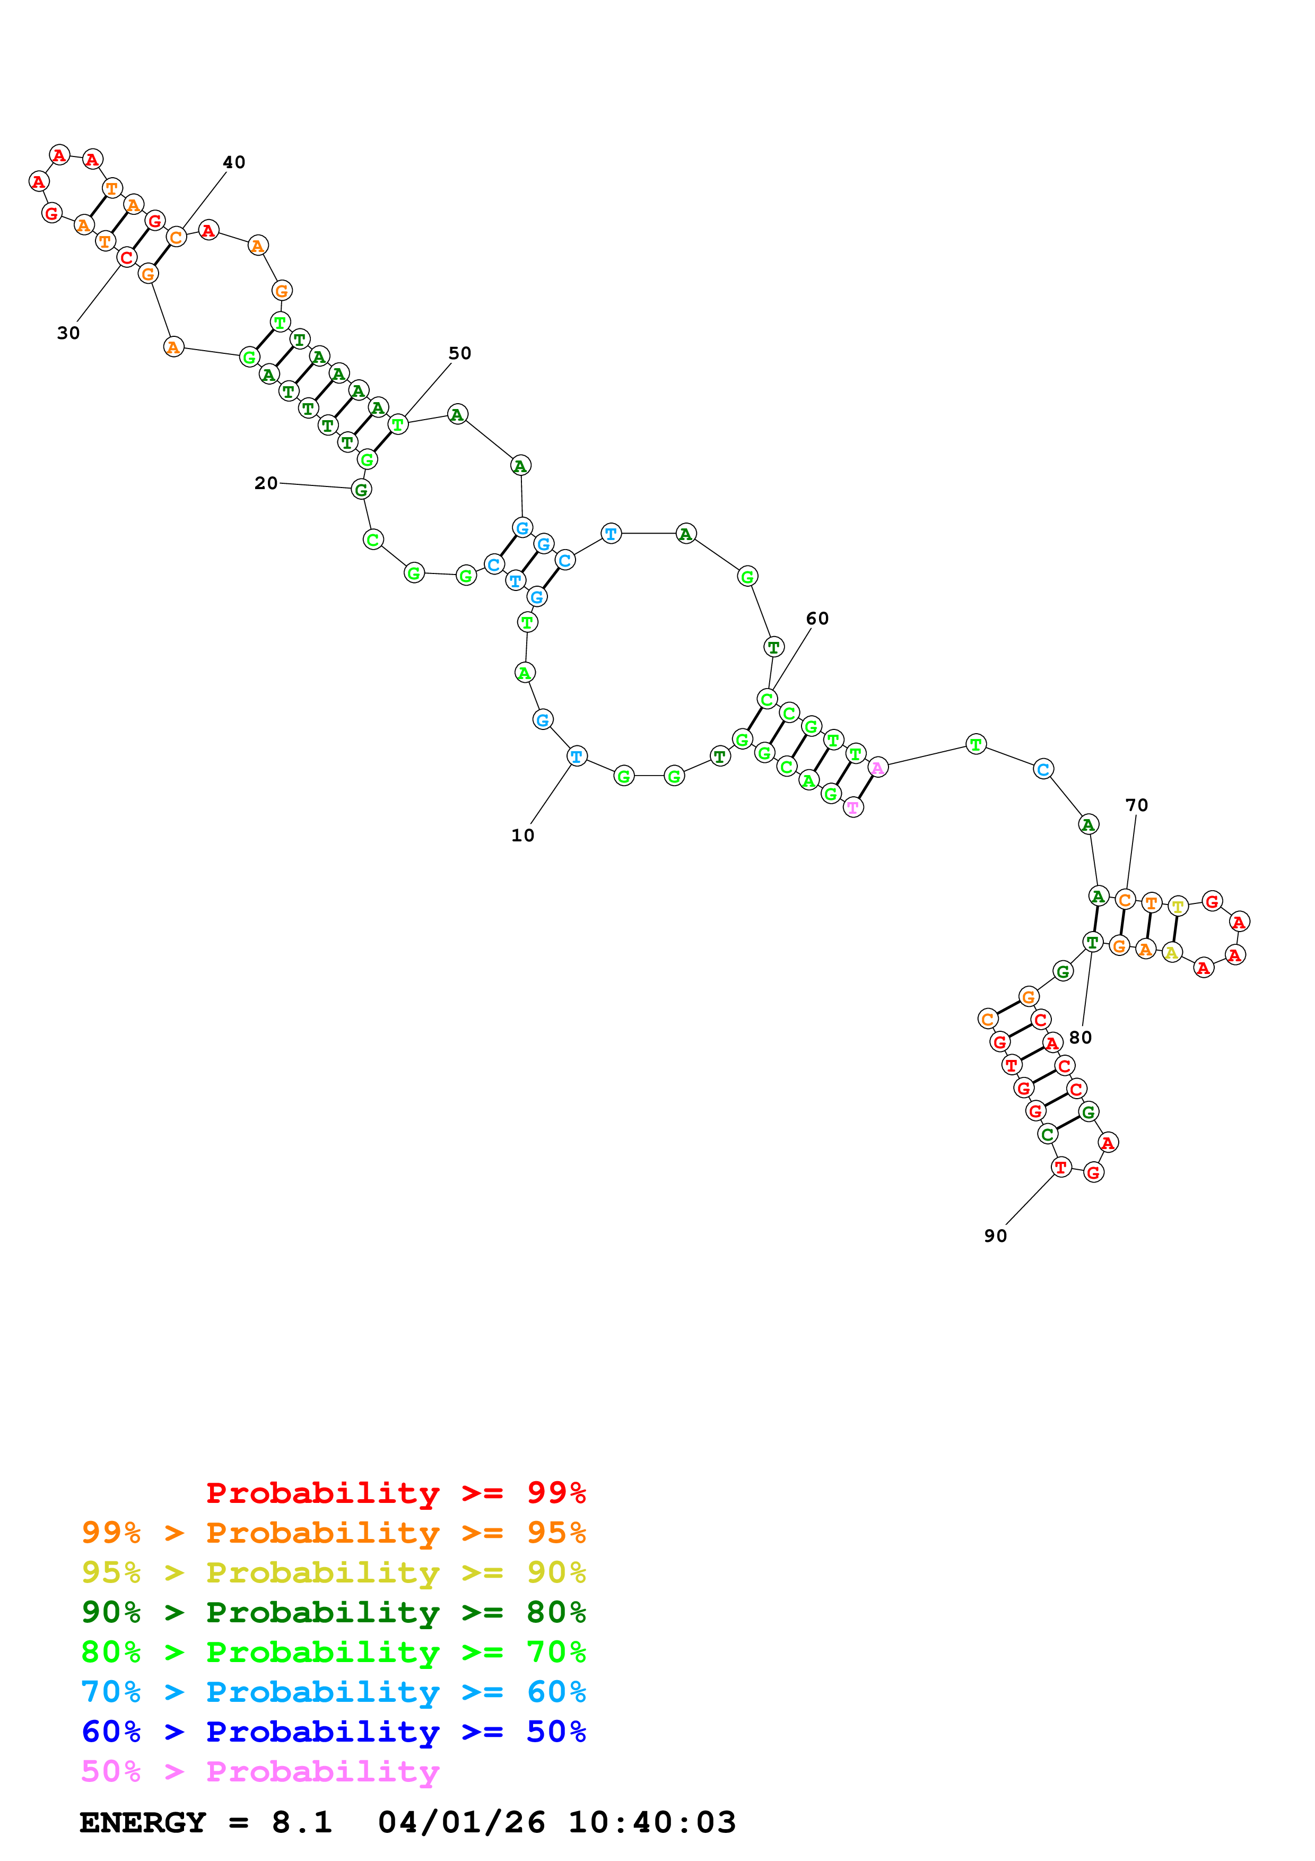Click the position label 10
[522, 836]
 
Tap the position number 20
[266, 483]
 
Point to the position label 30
[68, 333]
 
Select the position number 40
[234, 162]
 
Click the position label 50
[459, 353]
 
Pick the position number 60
[817, 619]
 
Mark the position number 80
[1080, 1038]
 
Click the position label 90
[995, 1236]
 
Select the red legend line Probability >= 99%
[395, 1493]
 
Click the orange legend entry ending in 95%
[333, 1533]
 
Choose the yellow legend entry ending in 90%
[333, 1572]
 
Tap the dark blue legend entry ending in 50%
[333, 1732]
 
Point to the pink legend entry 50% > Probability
[260, 1772]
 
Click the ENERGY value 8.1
[301, 1822]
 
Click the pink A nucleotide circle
[877, 767]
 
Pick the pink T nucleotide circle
[853, 807]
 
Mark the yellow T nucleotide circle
[1178, 906]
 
